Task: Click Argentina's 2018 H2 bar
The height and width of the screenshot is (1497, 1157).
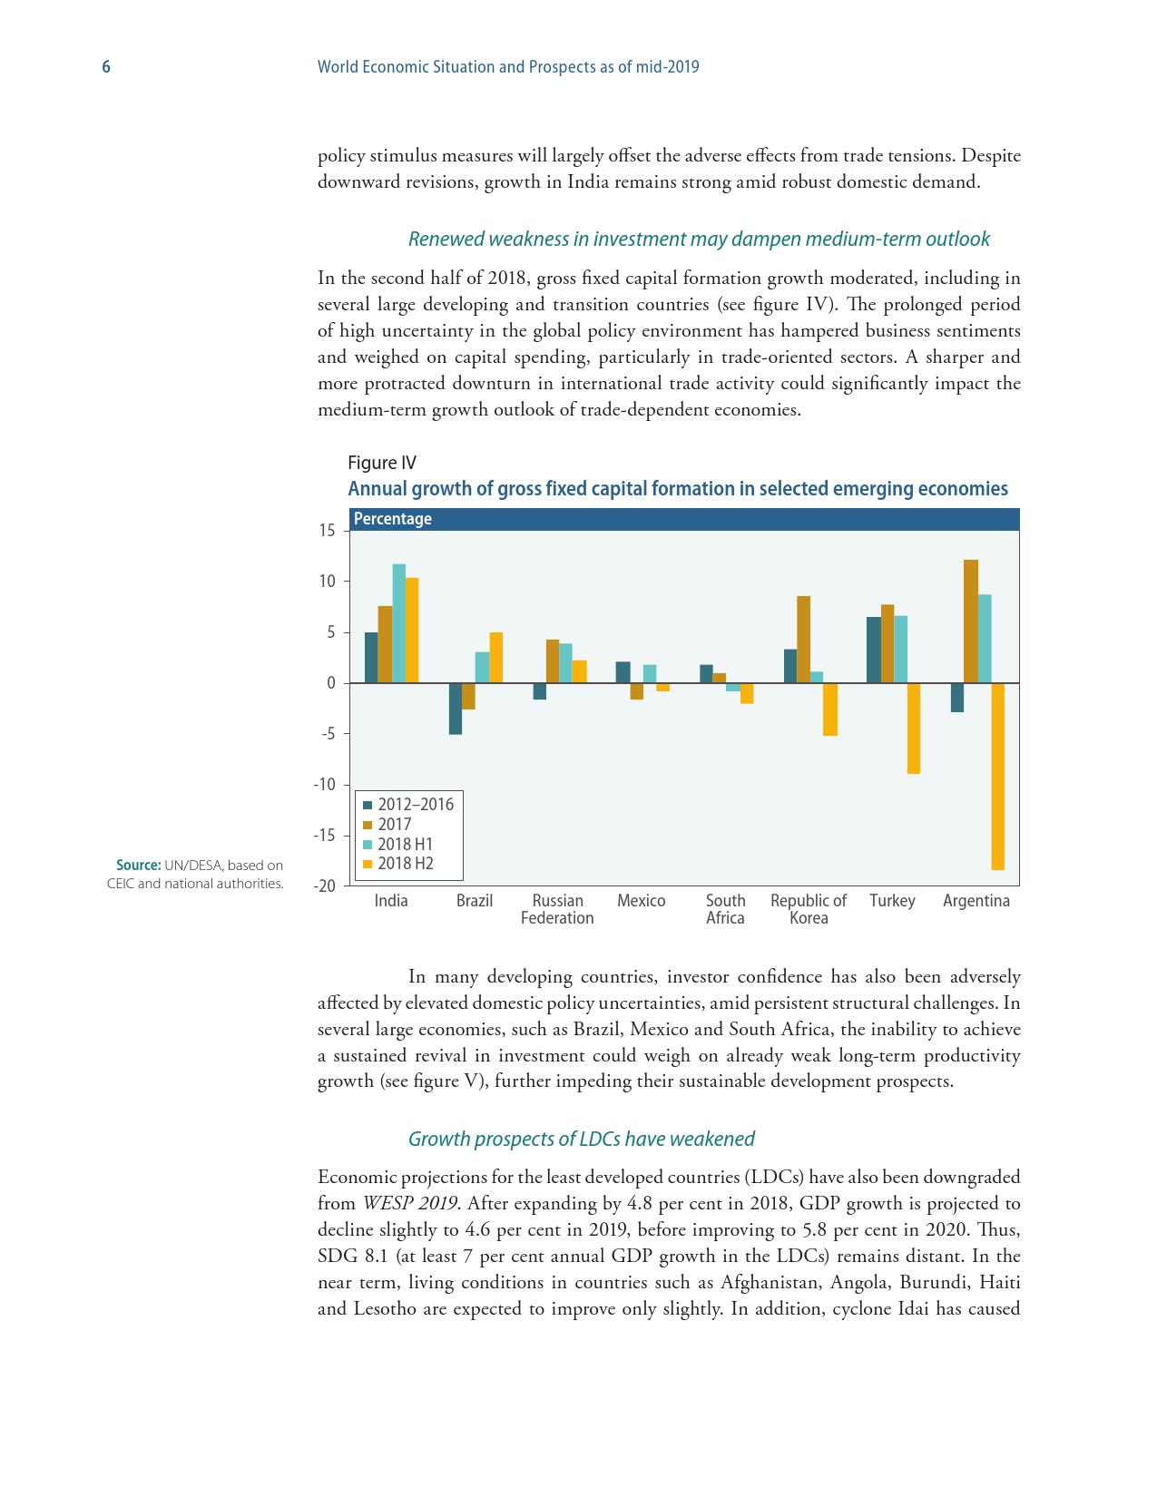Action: pos(997,776)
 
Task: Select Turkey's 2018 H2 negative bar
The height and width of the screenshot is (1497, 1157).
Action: pos(913,728)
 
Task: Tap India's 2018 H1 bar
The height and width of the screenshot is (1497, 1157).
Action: pos(398,623)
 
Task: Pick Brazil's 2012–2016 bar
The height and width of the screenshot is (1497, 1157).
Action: pos(456,708)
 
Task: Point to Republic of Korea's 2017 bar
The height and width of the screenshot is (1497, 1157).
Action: pos(803,639)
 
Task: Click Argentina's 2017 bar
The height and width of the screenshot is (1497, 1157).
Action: pos(971,621)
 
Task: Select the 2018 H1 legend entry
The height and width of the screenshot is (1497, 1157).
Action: pos(405,844)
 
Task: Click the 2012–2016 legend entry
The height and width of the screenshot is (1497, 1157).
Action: pos(415,805)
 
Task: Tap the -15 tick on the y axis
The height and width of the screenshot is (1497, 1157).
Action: pos(326,836)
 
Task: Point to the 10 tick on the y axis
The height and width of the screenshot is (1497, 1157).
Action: pos(327,582)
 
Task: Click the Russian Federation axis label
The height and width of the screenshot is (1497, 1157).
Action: pos(557,909)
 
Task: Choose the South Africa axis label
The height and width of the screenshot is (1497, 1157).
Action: pos(725,909)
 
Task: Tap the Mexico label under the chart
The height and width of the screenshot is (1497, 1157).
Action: pos(641,901)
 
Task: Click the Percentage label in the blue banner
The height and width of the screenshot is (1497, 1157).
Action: pos(392,519)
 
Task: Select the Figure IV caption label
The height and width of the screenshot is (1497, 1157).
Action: pos(382,463)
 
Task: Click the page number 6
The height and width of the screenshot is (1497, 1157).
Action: pos(106,67)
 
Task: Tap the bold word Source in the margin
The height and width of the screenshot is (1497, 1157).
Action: pos(138,866)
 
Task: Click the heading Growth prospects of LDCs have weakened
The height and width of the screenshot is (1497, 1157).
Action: pos(581,1139)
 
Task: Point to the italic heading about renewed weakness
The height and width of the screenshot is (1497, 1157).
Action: pos(698,239)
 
